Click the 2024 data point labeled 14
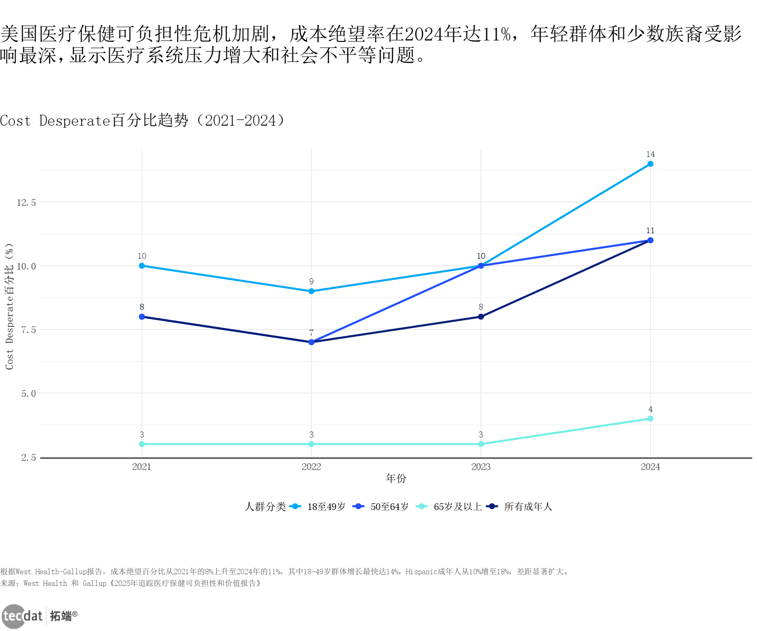(650, 164)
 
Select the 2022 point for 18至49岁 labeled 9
(311, 291)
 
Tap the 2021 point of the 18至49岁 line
(142, 266)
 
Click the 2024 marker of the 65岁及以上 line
(650, 419)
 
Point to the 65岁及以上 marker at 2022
(311, 444)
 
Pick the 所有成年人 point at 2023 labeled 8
(481, 317)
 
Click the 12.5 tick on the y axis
(26, 203)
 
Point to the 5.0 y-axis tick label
(28, 394)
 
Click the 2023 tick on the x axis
(481, 467)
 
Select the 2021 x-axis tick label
(142, 467)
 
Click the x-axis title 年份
(396, 478)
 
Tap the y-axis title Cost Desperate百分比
(9, 307)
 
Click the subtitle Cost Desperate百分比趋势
(142, 121)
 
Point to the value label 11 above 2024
(650, 231)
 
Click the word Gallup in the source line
(94, 583)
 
